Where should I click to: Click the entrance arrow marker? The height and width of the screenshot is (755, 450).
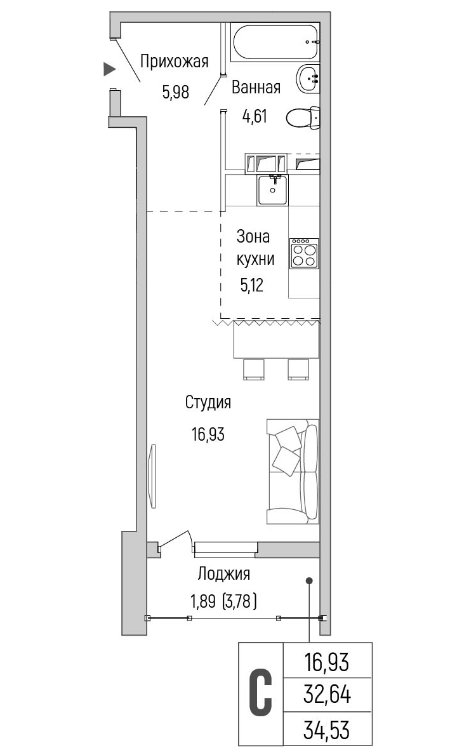(x=110, y=69)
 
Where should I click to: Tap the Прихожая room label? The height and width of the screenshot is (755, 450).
(x=175, y=62)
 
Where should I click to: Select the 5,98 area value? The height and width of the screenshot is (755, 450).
(x=176, y=91)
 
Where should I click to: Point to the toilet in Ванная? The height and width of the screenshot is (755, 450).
(x=303, y=117)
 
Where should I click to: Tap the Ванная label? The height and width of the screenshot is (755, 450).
(x=256, y=88)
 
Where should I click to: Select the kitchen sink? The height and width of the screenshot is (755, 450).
(x=272, y=190)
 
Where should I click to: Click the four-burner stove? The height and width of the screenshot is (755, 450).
(x=303, y=253)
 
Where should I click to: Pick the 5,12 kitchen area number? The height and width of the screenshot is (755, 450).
(x=252, y=286)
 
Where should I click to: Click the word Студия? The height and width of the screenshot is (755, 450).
(x=208, y=403)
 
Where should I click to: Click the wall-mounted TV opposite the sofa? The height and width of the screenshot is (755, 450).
(x=153, y=476)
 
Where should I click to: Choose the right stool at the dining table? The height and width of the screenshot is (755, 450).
(x=298, y=369)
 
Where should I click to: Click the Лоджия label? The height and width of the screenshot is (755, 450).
(x=224, y=574)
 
